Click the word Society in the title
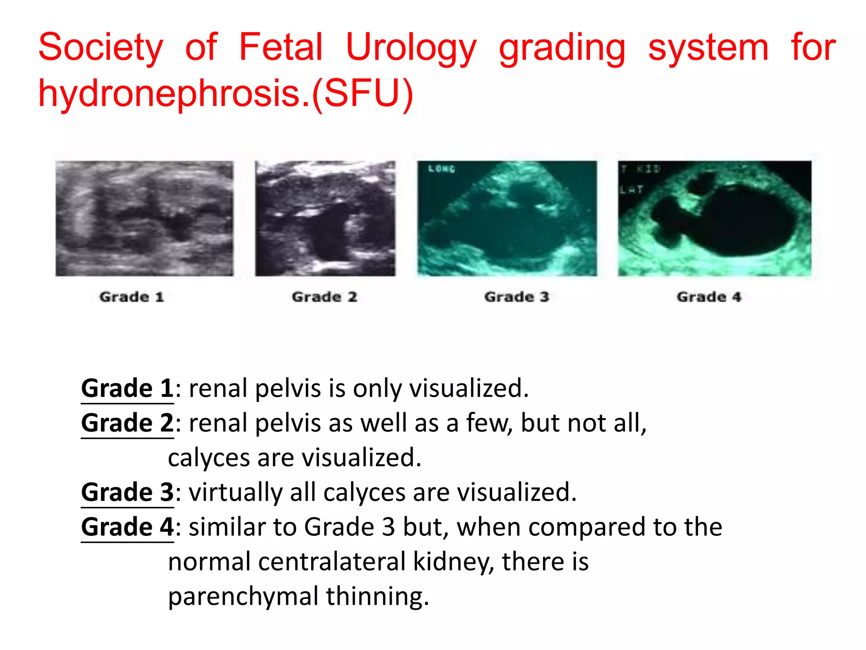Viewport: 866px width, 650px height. point(101,48)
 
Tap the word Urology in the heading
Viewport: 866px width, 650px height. point(411,48)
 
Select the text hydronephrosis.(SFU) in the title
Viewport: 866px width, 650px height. point(225,94)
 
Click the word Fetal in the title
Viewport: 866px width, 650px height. point(281,47)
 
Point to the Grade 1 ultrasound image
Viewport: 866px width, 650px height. point(144,218)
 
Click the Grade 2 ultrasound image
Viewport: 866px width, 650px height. point(325,218)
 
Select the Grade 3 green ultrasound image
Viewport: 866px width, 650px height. point(507,218)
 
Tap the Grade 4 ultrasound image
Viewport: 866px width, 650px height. point(714,218)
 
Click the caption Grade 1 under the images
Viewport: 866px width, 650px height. point(132,297)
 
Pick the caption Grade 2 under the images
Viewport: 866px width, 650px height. point(324,297)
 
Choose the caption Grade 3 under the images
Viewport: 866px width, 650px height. point(516,297)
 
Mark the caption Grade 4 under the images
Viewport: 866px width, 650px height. point(709,297)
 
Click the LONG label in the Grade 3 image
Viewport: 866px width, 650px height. point(441,169)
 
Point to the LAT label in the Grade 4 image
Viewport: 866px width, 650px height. point(631,190)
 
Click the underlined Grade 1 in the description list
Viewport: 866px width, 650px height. point(127,388)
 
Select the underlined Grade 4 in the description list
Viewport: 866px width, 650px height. point(127,527)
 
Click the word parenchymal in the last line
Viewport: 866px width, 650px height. point(243,596)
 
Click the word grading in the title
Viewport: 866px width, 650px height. point(562,48)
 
